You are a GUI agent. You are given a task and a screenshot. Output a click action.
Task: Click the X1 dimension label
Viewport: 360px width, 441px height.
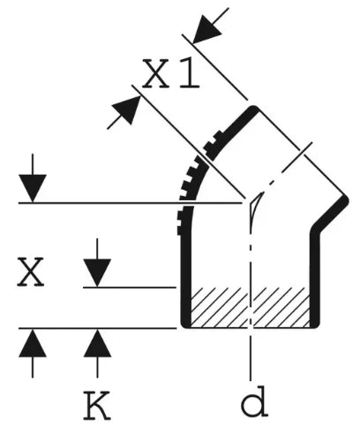(x=170, y=73)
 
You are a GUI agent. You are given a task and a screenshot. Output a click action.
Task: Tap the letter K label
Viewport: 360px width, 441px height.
(x=97, y=405)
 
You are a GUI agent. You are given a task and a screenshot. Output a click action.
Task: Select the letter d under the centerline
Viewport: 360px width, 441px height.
(x=254, y=402)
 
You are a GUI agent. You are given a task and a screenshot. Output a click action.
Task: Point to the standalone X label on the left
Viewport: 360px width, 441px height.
(x=30, y=272)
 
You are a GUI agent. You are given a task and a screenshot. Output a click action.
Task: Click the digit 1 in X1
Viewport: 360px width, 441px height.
(x=190, y=73)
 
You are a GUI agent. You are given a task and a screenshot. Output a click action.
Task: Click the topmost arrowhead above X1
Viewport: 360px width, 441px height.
(x=206, y=29)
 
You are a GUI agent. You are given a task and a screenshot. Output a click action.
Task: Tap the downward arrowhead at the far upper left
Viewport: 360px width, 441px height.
(x=33, y=188)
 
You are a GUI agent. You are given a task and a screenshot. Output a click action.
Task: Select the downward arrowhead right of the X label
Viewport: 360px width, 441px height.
(x=97, y=273)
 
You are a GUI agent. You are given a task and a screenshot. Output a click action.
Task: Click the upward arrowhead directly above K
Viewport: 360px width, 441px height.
(x=97, y=343)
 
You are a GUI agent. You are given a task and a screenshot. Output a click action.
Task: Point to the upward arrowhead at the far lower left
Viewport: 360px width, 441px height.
(x=33, y=343)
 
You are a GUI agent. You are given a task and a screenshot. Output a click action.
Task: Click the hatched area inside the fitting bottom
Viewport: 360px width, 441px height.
(x=250, y=307)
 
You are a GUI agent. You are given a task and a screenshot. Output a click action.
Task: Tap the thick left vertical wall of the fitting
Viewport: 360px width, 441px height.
(x=186, y=280)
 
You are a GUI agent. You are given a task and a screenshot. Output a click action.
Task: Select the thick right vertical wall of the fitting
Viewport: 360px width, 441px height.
(x=315, y=280)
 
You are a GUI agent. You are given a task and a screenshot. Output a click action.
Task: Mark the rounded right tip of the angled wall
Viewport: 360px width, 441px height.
(x=344, y=201)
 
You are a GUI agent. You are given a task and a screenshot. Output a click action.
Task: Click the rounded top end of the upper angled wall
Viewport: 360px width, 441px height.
(x=253, y=110)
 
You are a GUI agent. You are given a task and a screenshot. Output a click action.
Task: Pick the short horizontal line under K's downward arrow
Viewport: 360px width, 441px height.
(x=130, y=288)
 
